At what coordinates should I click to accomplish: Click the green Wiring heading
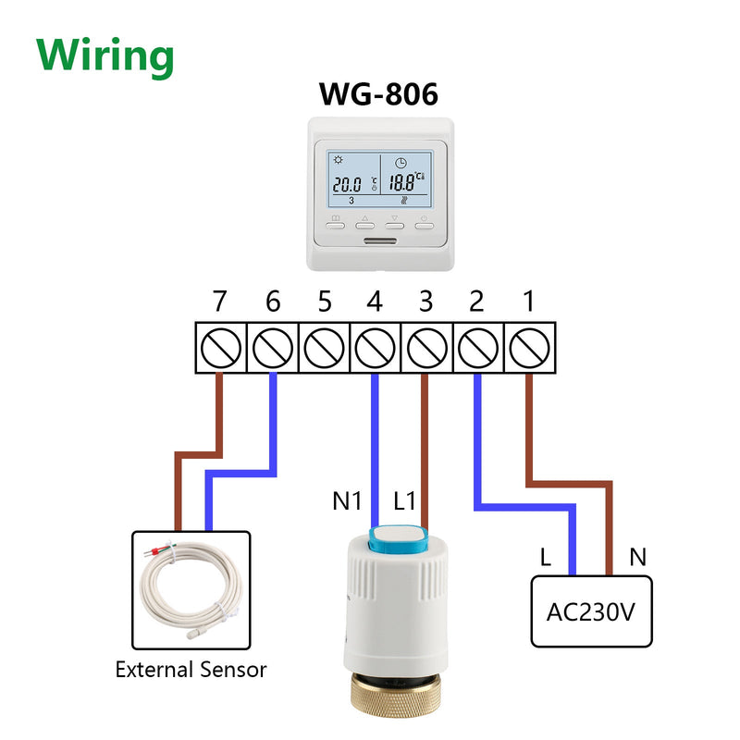(105, 57)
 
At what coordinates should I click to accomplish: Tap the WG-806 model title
(378, 94)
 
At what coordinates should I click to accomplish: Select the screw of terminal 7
(221, 349)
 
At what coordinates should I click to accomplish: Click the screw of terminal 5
(324, 349)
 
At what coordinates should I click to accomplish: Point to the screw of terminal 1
(529, 349)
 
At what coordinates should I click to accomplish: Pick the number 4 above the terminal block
(375, 302)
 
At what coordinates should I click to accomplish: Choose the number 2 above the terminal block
(476, 302)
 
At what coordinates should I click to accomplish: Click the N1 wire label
(347, 500)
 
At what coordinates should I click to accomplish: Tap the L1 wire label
(404, 500)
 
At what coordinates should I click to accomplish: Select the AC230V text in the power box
(591, 612)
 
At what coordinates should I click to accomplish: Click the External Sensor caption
(191, 670)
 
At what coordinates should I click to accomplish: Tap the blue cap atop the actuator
(399, 540)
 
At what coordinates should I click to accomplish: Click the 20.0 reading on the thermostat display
(348, 184)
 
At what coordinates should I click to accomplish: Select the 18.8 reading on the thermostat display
(402, 182)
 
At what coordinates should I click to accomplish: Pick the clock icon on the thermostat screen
(401, 163)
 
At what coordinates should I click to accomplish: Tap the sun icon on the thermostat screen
(339, 159)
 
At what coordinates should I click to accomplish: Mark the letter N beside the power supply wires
(637, 557)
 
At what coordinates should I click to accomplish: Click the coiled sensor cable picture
(191, 590)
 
